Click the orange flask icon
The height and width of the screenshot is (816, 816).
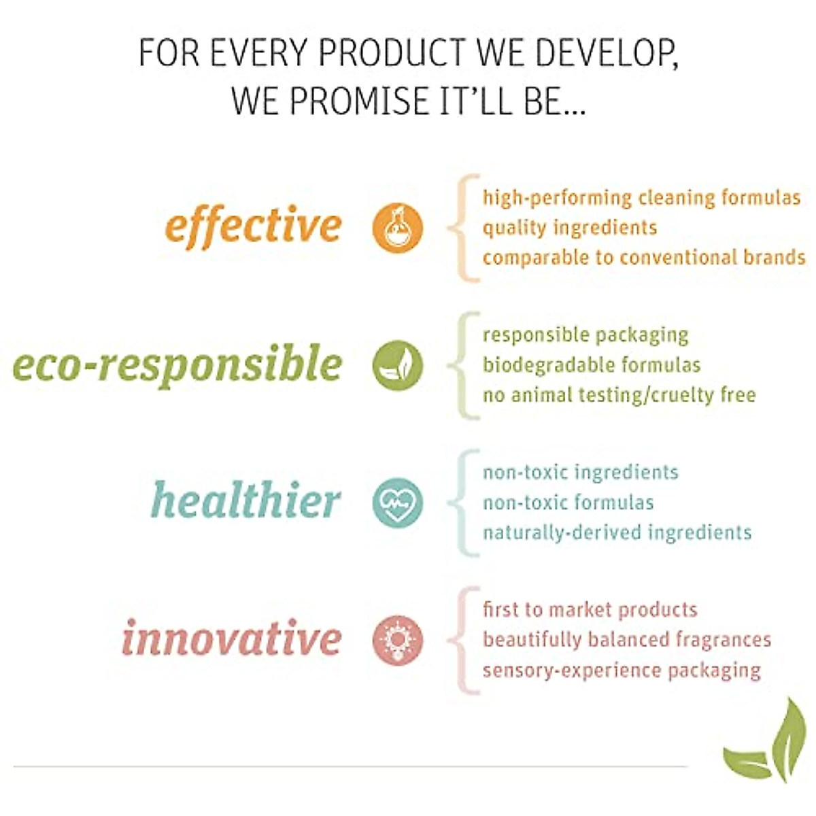398,228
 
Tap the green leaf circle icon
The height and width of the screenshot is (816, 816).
398,365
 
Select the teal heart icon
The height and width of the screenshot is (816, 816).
398,503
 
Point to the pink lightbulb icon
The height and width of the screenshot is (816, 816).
398,641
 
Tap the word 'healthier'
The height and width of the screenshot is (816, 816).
245,500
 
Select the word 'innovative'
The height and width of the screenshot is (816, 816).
232,637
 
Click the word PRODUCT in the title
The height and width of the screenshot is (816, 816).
392,53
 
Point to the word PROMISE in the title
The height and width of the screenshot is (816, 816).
357,101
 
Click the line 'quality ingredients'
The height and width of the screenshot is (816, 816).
570,228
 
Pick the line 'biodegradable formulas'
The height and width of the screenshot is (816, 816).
592,365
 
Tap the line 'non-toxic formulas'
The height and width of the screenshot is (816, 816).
568,503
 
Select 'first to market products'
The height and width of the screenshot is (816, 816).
590,610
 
